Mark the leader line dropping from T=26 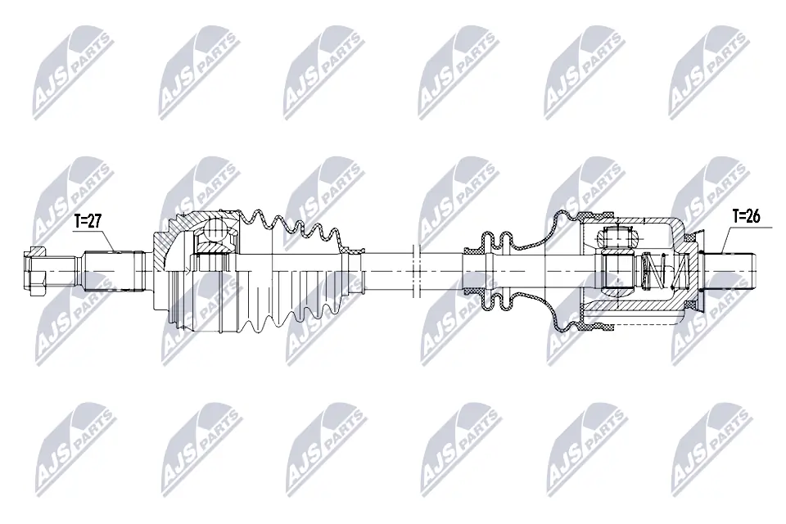click(725, 240)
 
